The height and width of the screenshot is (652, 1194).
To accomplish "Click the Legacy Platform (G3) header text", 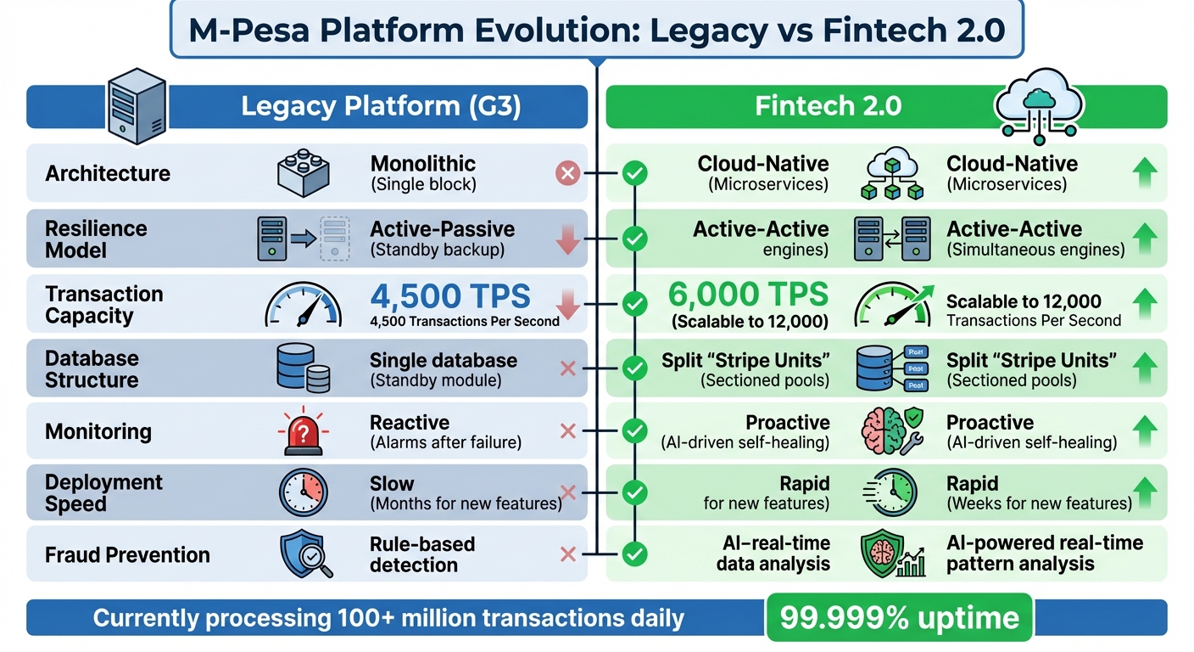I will pos(380,107).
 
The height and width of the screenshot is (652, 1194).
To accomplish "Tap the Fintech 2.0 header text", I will pos(828,107).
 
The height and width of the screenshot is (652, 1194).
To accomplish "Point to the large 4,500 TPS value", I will pos(449,296).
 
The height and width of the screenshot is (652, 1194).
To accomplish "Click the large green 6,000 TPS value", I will pos(747,295).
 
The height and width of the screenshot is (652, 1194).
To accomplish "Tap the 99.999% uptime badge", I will pos(900,616).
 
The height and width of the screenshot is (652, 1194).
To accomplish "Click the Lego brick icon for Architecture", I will pos(304,173).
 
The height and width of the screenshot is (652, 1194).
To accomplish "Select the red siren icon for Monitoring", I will pos(304,431).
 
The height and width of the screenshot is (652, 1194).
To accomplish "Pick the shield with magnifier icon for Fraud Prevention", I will pos(304,554).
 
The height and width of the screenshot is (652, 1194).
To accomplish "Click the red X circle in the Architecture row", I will pos(566,174).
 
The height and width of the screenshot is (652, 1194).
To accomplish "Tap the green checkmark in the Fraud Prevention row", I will pos(633,555).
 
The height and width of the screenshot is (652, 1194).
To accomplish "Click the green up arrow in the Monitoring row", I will pos(1145,431).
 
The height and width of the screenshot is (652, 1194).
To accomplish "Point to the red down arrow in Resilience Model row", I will pos(566,240).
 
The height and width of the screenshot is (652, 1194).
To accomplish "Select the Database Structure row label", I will pos(92,369).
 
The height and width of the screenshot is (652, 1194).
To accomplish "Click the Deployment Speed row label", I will pos(103,493).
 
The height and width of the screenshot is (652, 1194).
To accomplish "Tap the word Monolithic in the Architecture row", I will pos(422,164).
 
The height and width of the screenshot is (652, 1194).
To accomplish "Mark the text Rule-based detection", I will pos(421,554).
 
